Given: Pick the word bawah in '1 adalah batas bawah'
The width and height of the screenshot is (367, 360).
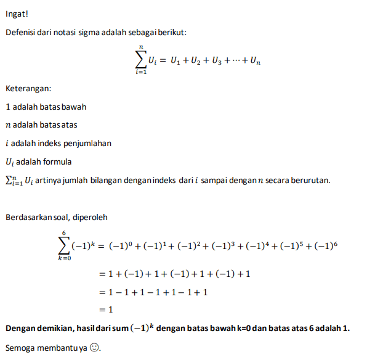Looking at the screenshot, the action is pos(74,107).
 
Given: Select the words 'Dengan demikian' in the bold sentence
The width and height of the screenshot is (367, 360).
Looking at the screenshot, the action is pos(36,328).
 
